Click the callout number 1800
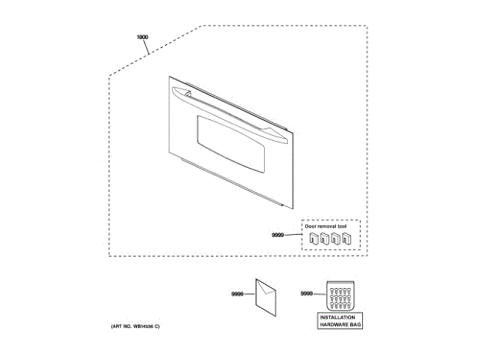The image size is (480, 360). [x=142, y=37]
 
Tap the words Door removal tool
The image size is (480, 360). [x=325, y=225]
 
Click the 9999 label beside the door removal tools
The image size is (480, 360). [x=278, y=236]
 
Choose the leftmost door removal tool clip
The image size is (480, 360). [x=315, y=239]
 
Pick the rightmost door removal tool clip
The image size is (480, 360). [x=349, y=239]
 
